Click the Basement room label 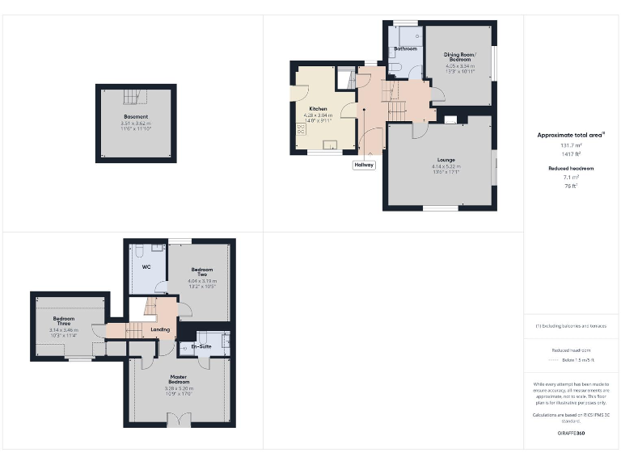136,117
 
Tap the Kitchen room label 318,108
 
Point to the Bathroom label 405,49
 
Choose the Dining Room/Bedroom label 459,57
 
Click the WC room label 146,266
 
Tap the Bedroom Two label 202,272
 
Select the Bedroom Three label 68,320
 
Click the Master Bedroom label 179,378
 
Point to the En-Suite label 201,347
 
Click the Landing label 160,329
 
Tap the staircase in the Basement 131,98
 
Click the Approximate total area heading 571,135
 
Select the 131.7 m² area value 572,145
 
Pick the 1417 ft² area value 572,153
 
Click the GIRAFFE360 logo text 571,434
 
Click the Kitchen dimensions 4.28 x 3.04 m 318,115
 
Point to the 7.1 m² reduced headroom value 572,178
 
